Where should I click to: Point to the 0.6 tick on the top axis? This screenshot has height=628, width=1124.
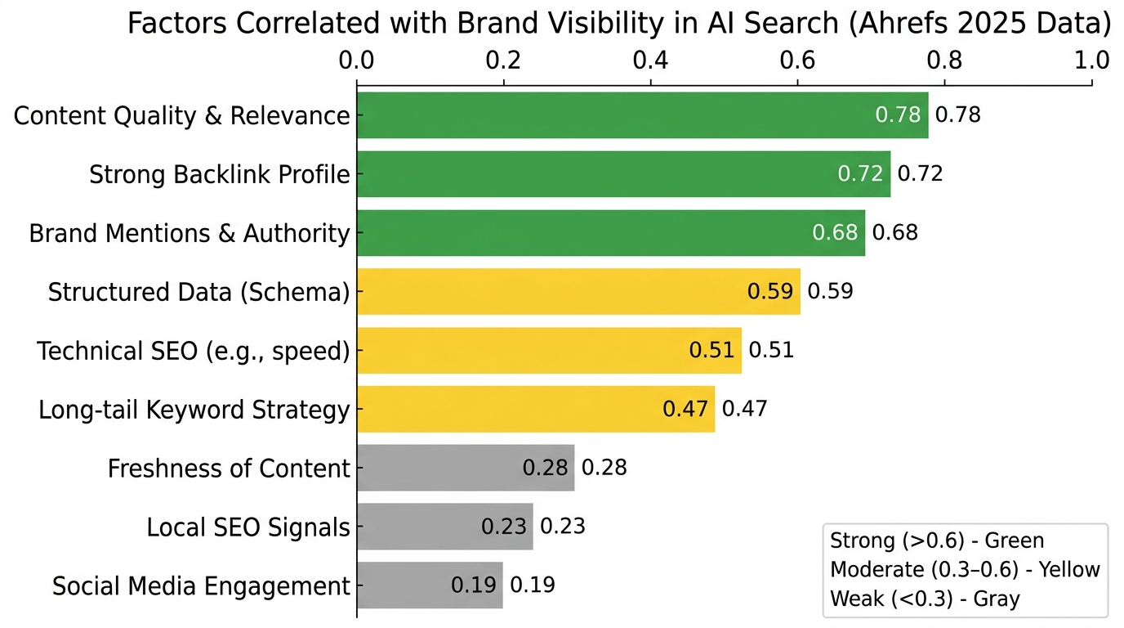pos(797,61)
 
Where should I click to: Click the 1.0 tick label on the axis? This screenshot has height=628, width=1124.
pos(1091,61)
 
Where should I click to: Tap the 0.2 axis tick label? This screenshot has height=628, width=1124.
pos(503,61)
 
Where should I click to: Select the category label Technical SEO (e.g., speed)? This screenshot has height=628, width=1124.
pos(194,351)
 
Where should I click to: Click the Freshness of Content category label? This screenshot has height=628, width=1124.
pos(229,469)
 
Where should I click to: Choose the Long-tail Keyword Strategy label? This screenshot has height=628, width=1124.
pos(194,410)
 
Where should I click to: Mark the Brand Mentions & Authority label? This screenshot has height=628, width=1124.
pos(190,233)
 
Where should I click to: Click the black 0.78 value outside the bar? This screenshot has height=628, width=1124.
pos(957,115)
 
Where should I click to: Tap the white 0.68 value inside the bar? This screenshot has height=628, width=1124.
pos(835,233)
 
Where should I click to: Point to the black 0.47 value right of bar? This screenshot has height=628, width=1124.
pos(745,409)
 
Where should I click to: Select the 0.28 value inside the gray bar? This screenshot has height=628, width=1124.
pos(545,469)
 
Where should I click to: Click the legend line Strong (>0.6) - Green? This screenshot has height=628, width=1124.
pos(936,541)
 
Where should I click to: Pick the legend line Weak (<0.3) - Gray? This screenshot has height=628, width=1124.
pos(925,599)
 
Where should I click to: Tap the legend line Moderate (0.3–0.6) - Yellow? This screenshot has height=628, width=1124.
pos(965,569)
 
